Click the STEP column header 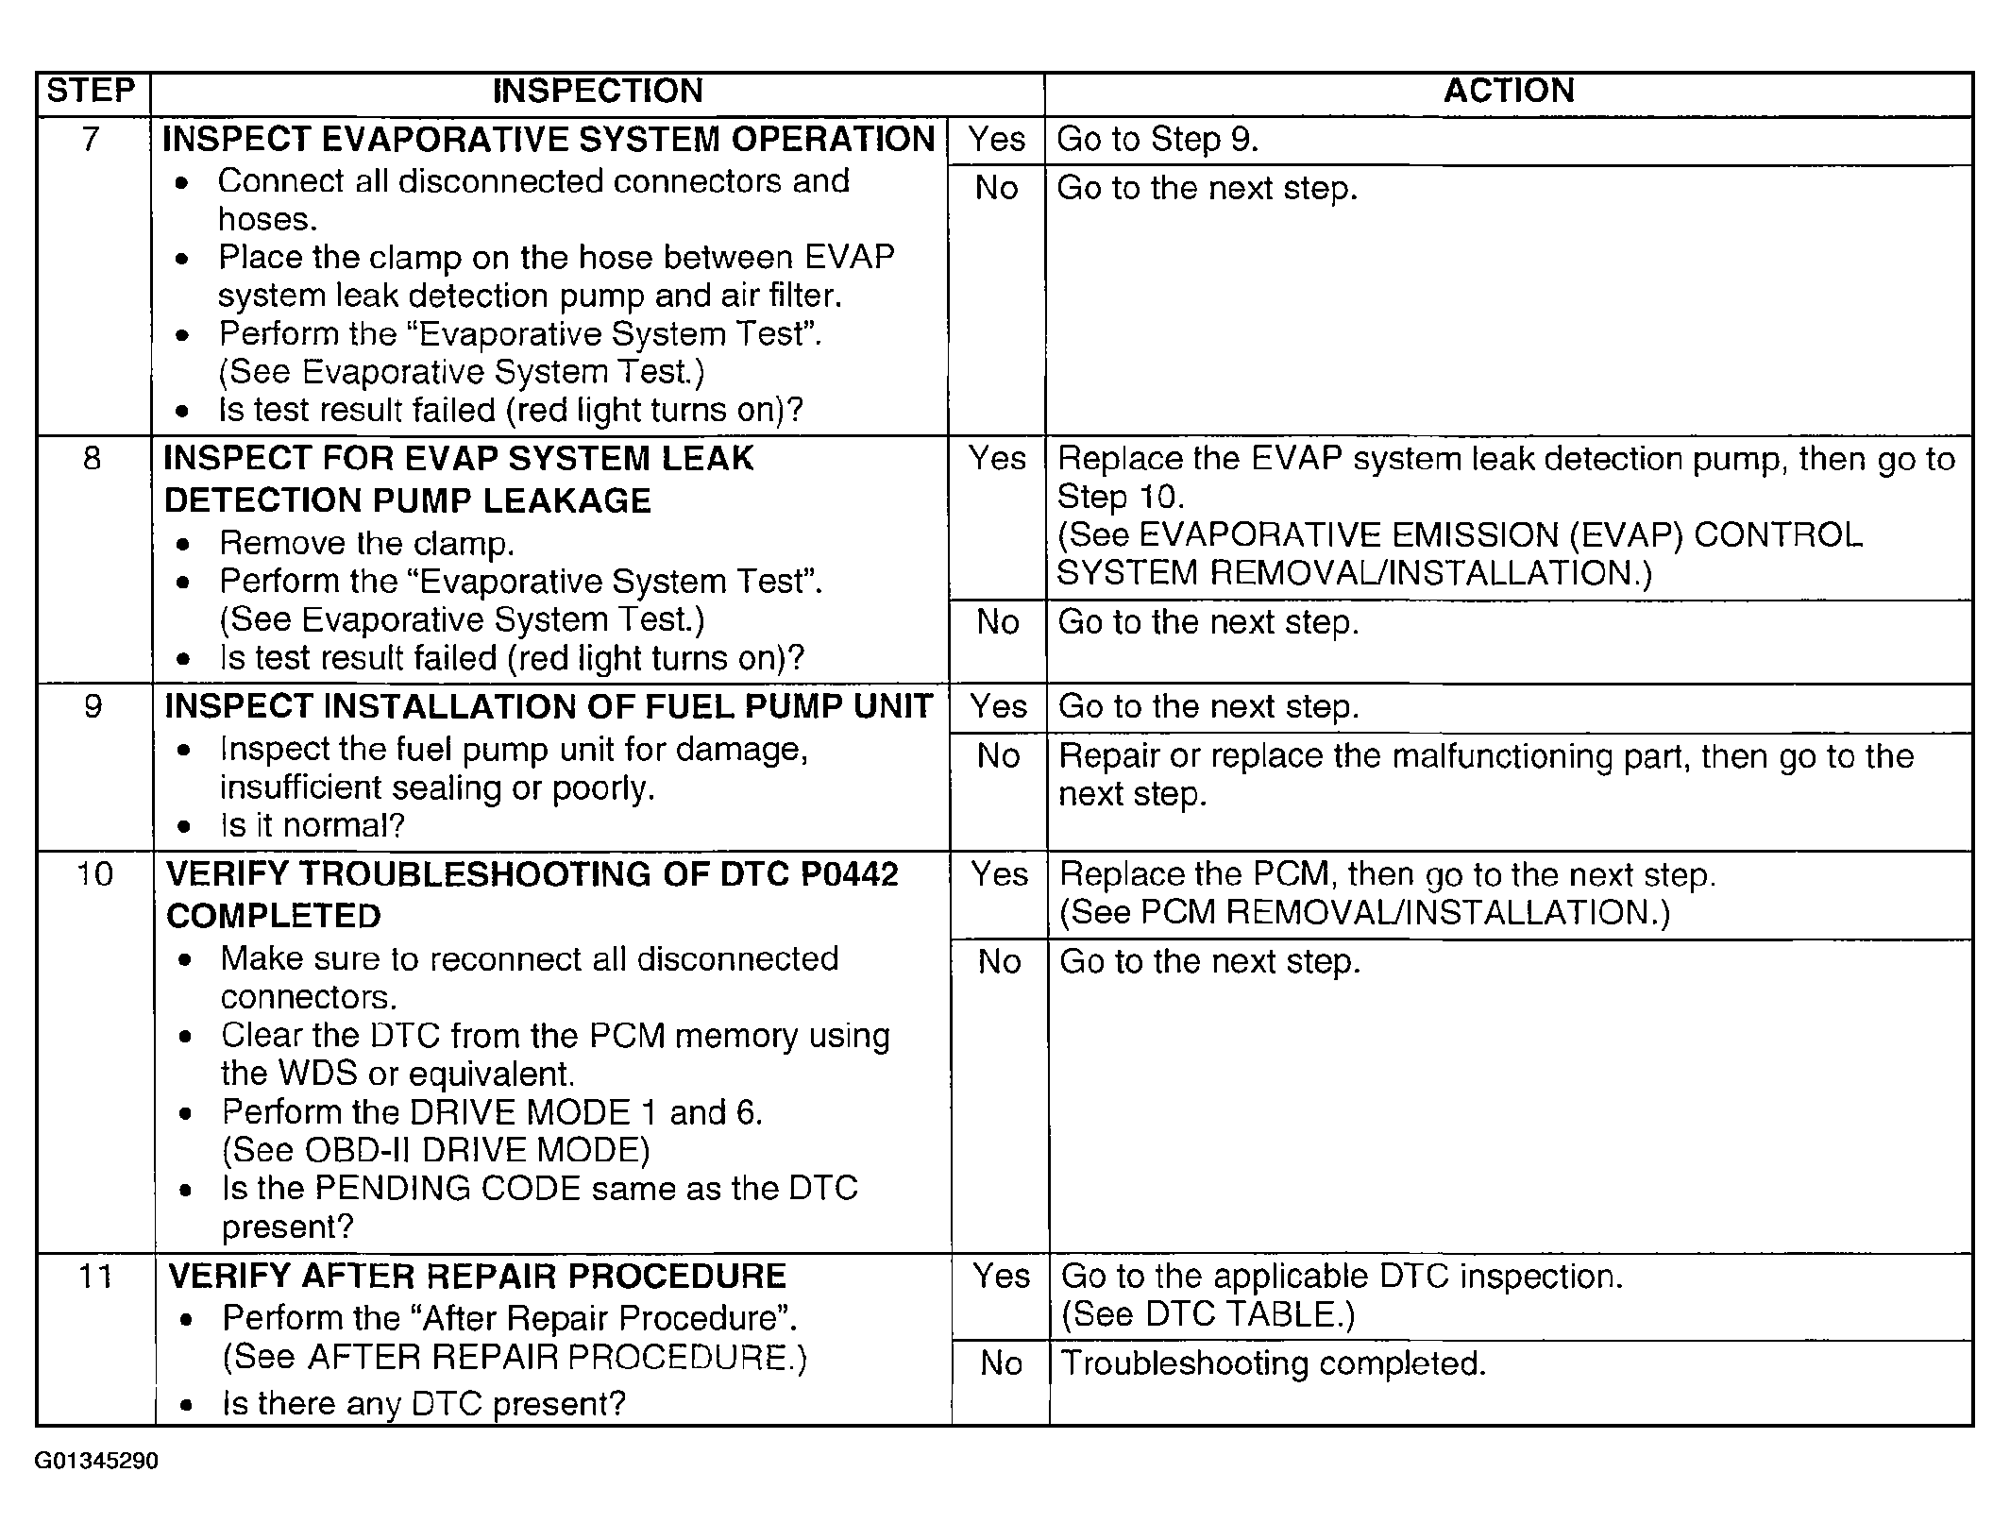[92, 91]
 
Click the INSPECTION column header [598, 91]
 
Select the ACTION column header [1509, 91]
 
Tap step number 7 [91, 140]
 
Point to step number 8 [92, 459]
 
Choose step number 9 [93, 706]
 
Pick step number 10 [93, 874]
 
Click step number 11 [94, 1277]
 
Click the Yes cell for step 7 [996, 140]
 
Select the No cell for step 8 [998, 622]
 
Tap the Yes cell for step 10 [999, 874]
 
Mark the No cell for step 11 [1001, 1363]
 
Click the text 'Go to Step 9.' [1157, 140]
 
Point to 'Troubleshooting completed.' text [1274, 1363]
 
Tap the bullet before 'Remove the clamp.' [183, 545]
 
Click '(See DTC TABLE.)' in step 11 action [1208, 1315]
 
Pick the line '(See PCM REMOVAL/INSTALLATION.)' [1364, 913]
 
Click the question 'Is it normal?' [312, 826]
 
